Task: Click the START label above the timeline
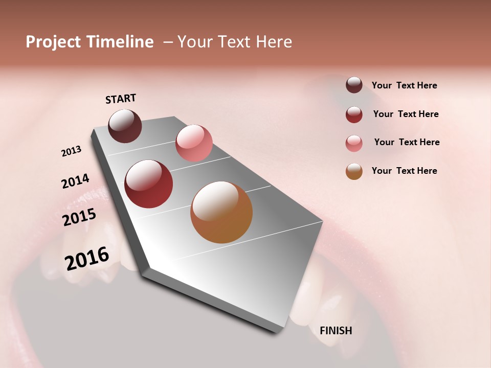(x=121, y=99)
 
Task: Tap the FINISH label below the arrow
(x=336, y=331)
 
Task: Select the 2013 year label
(x=72, y=151)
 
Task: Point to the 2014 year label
(x=75, y=181)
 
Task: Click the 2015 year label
(x=79, y=217)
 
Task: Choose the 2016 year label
(x=87, y=258)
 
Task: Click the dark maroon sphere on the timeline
(x=125, y=126)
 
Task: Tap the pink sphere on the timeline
(x=194, y=143)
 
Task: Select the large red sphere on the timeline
(x=149, y=184)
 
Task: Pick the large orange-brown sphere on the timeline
(x=221, y=212)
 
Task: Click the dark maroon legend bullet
(x=354, y=85)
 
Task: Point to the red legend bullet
(x=354, y=114)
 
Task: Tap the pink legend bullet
(x=354, y=143)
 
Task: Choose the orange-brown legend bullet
(x=354, y=171)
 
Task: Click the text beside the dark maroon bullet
(x=404, y=85)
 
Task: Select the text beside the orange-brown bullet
(x=404, y=171)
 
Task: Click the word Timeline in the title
(x=120, y=42)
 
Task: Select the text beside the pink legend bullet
(x=407, y=142)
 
